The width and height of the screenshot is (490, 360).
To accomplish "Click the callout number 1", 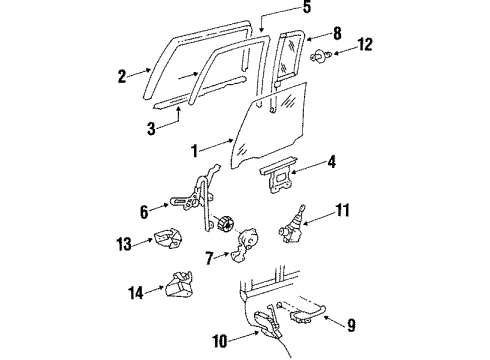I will click(194, 152).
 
